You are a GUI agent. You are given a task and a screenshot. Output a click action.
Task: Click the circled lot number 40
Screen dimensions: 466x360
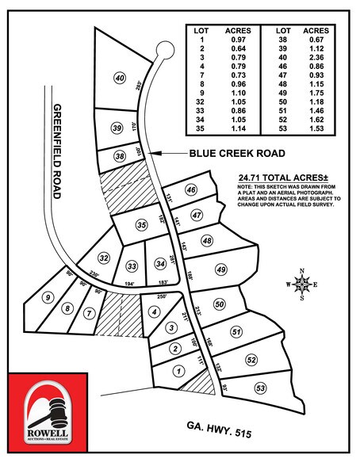[121, 78]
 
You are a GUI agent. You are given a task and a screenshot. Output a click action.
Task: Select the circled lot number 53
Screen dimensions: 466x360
[261, 388]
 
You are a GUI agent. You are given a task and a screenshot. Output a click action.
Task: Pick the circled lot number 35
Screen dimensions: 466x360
[142, 225]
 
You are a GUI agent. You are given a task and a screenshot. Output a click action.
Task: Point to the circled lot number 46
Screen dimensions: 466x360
[191, 190]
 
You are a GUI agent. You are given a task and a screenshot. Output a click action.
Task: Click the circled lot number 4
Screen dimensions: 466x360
[155, 311]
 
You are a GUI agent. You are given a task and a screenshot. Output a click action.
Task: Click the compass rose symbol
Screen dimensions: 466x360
[301, 286]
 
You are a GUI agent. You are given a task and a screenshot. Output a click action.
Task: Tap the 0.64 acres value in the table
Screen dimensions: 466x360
[236, 49]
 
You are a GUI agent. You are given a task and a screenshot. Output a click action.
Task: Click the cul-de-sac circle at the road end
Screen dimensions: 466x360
[165, 50]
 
